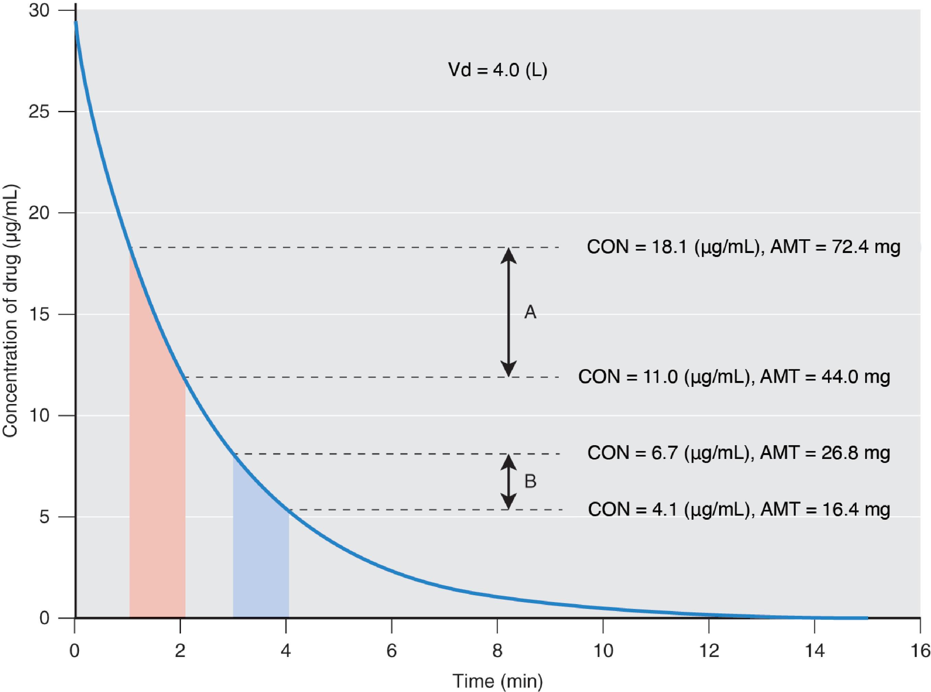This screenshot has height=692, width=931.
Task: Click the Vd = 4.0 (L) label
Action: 497,70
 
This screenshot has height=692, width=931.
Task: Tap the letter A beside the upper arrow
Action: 530,312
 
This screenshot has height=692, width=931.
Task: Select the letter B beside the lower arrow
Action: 530,482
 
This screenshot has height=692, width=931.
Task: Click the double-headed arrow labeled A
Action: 508,312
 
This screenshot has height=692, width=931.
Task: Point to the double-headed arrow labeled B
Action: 508,482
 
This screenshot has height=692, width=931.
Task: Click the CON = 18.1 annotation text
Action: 672,247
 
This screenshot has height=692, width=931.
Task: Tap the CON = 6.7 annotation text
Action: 668,453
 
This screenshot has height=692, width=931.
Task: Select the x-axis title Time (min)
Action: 497,681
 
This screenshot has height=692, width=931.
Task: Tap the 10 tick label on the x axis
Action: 603,651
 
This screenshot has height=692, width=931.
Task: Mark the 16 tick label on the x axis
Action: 920,651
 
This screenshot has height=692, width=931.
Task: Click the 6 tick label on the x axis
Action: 391,651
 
